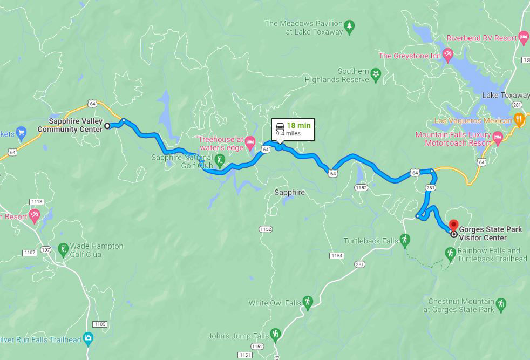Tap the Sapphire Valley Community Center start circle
[x=107, y=126]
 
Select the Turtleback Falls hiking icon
[x=405, y=240]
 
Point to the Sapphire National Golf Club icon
[x=220, y=160]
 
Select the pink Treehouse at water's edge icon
[x=249, y=143]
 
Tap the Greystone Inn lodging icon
[x=447, y=55]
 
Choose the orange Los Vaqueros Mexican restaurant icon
[x=519, y=120]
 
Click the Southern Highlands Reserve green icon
[x=376, y=75]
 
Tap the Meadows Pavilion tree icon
[x=350, y=25]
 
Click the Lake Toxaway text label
[x=505, y=96]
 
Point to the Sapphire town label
[x=289, y=192]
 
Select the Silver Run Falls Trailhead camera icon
[x=89, y=339]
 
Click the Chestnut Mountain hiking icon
[x=501, y=305]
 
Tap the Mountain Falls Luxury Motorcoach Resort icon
[x=498, y=139]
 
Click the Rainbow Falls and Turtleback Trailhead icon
[x=450, y=253]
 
